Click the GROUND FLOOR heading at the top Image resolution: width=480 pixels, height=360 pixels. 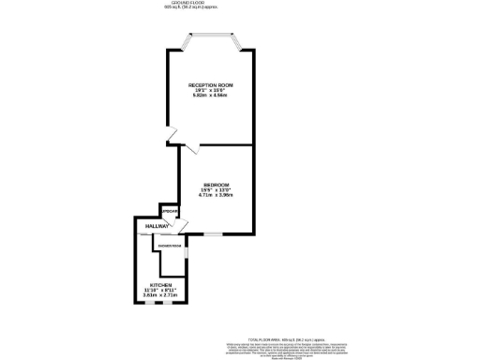tap(211, 4)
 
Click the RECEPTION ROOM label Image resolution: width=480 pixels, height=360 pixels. tap(211, 85)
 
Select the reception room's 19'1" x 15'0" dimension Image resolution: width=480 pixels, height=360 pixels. tap(211, 90)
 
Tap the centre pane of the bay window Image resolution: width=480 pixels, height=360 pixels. tap(211, 37)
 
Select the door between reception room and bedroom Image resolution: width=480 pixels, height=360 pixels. tap(191, 148)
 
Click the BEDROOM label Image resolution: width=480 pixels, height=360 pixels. tap(216, 185)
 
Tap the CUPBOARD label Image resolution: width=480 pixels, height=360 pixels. tap(169, 213)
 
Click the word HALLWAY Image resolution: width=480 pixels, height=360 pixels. tap(157, 227)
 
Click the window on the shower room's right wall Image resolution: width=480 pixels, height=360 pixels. tap(186, 252)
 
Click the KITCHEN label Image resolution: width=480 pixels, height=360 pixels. tap(160, 284)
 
